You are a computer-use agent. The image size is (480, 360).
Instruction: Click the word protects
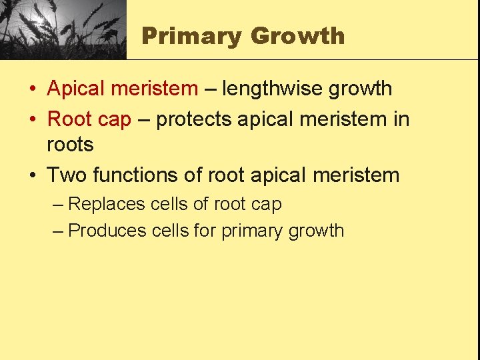194,120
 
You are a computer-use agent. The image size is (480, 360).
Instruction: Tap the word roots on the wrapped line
70,144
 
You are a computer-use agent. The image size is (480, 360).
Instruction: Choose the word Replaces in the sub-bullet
107,204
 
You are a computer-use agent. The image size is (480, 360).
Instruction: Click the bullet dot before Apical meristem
32,89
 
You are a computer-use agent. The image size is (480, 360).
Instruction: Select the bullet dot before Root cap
32,120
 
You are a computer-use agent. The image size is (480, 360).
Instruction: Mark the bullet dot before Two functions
32,176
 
